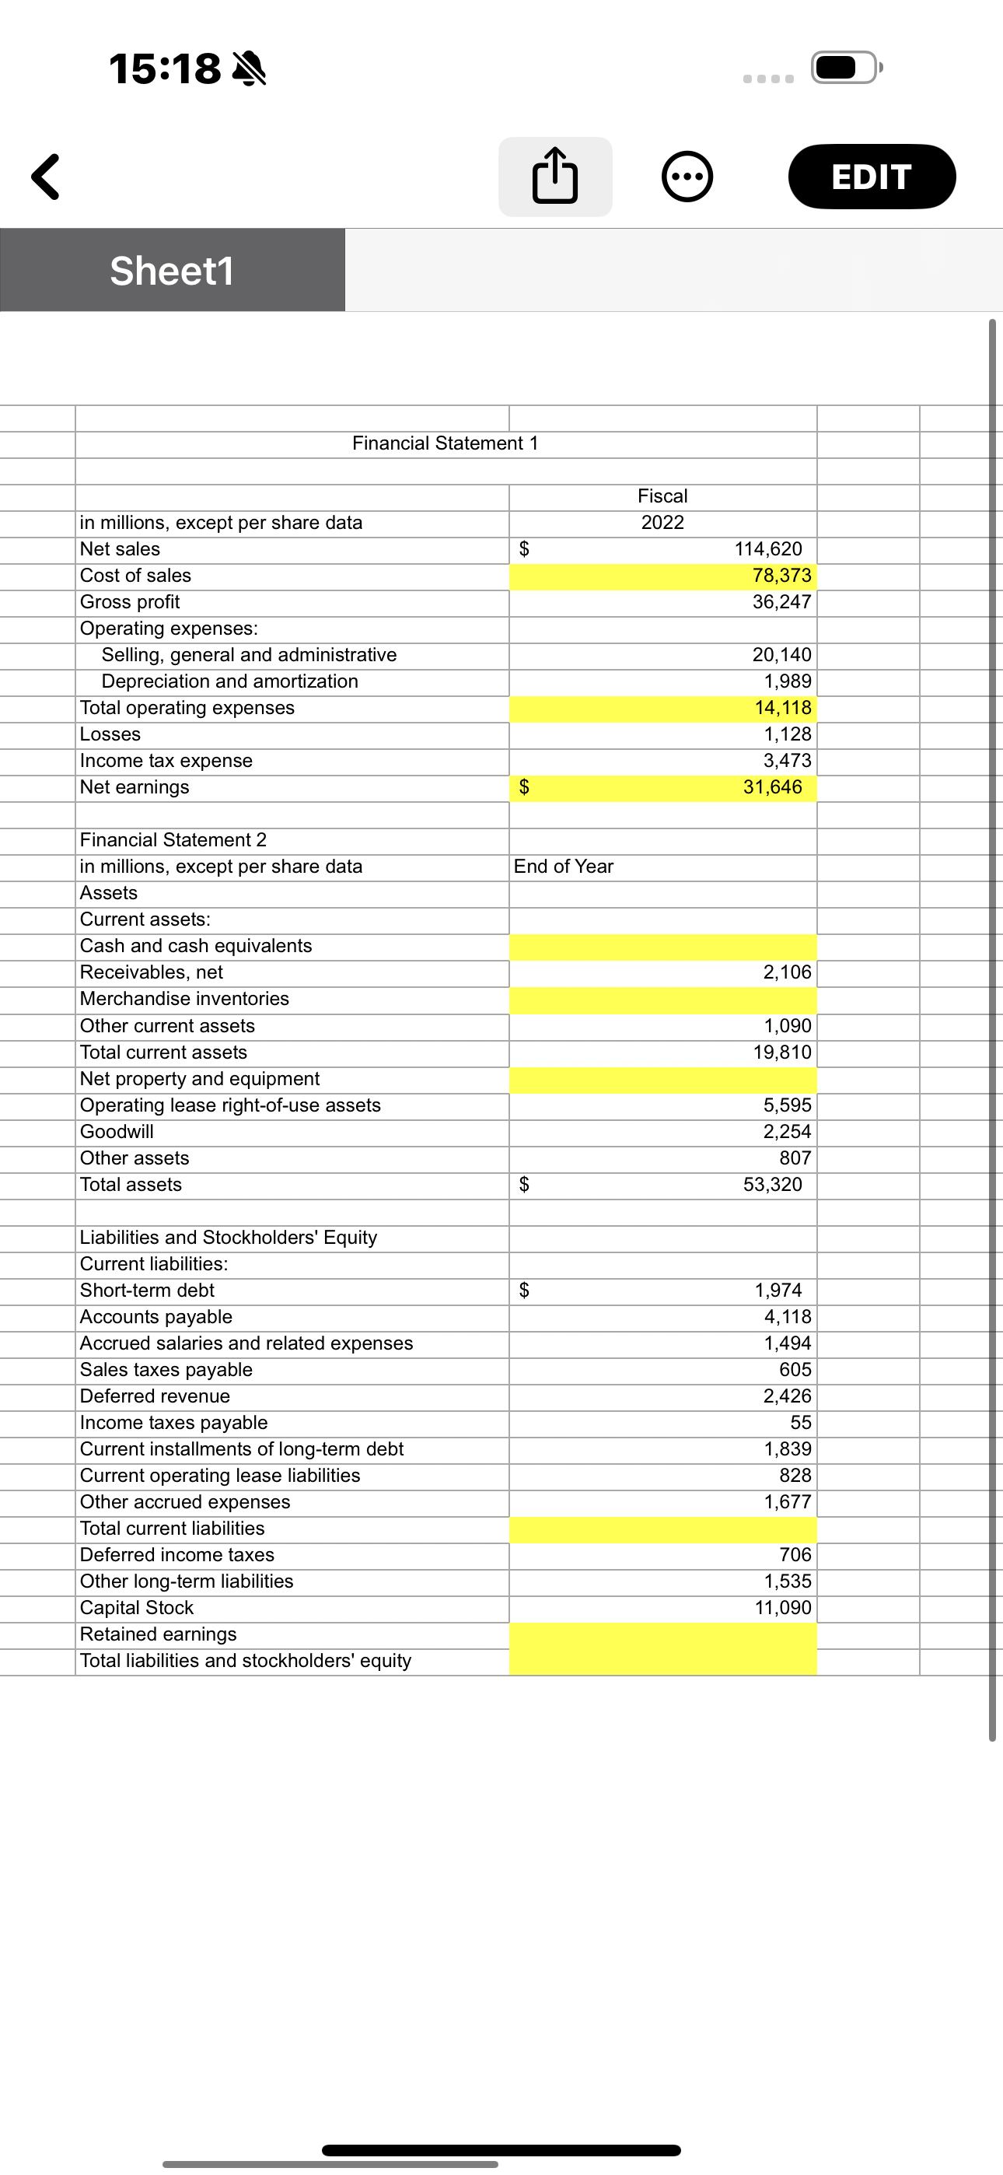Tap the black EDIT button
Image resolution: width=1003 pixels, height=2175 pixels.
(872, 177)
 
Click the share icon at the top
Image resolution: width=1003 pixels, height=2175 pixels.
(554, 177)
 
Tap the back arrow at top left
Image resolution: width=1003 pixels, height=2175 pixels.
(46, 177)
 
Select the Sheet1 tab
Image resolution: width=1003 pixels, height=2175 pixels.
(173, 270)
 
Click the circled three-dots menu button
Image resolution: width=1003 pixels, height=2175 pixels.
(687, 177)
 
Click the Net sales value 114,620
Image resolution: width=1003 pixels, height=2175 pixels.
(767, 549)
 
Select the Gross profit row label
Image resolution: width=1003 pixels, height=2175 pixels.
(130, 602)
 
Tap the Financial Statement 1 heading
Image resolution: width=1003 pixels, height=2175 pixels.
(445, 443)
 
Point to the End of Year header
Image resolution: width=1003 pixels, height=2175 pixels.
(563, 867)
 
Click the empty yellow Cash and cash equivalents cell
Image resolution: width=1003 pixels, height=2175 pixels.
(662, 947)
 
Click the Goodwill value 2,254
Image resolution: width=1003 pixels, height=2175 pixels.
(787, 1131)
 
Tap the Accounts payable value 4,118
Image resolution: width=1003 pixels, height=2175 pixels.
(787, 1316)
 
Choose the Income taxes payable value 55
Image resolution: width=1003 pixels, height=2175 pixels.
(799, 1423)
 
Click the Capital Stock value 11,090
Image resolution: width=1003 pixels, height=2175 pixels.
(783, 1608)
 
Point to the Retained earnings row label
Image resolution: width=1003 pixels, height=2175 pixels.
(159, 1634)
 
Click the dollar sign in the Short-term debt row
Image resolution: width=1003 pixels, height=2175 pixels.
(523, 1290)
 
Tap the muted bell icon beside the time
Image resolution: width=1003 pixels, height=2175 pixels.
(248, 68)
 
